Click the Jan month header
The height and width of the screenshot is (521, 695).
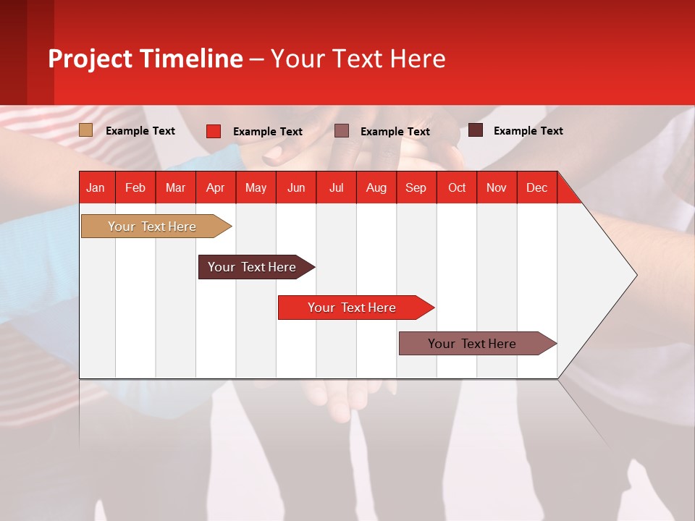coord(96,187)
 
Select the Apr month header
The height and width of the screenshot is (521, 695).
coord(215,187)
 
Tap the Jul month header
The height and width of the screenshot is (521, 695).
coord(336,187)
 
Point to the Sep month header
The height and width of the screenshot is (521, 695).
coord(416,187)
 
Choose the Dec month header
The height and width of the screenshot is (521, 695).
coord(536,187)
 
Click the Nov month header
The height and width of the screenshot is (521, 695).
coord(496,187)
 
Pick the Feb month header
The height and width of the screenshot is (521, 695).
coord(135,187)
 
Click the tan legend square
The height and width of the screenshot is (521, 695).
coord(85,130)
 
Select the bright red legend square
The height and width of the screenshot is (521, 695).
coord(213,131)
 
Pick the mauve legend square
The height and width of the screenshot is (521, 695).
coord(342,131)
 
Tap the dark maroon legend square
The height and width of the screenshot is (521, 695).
coord(475,130)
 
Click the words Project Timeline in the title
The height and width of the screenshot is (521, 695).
coord(145,59)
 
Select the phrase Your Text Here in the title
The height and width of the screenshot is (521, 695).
coord(358,59)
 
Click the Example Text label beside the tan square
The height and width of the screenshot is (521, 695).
coord(140,131)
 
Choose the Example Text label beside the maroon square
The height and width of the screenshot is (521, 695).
coord(528,131)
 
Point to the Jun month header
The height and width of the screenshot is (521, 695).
coord(296,187)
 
